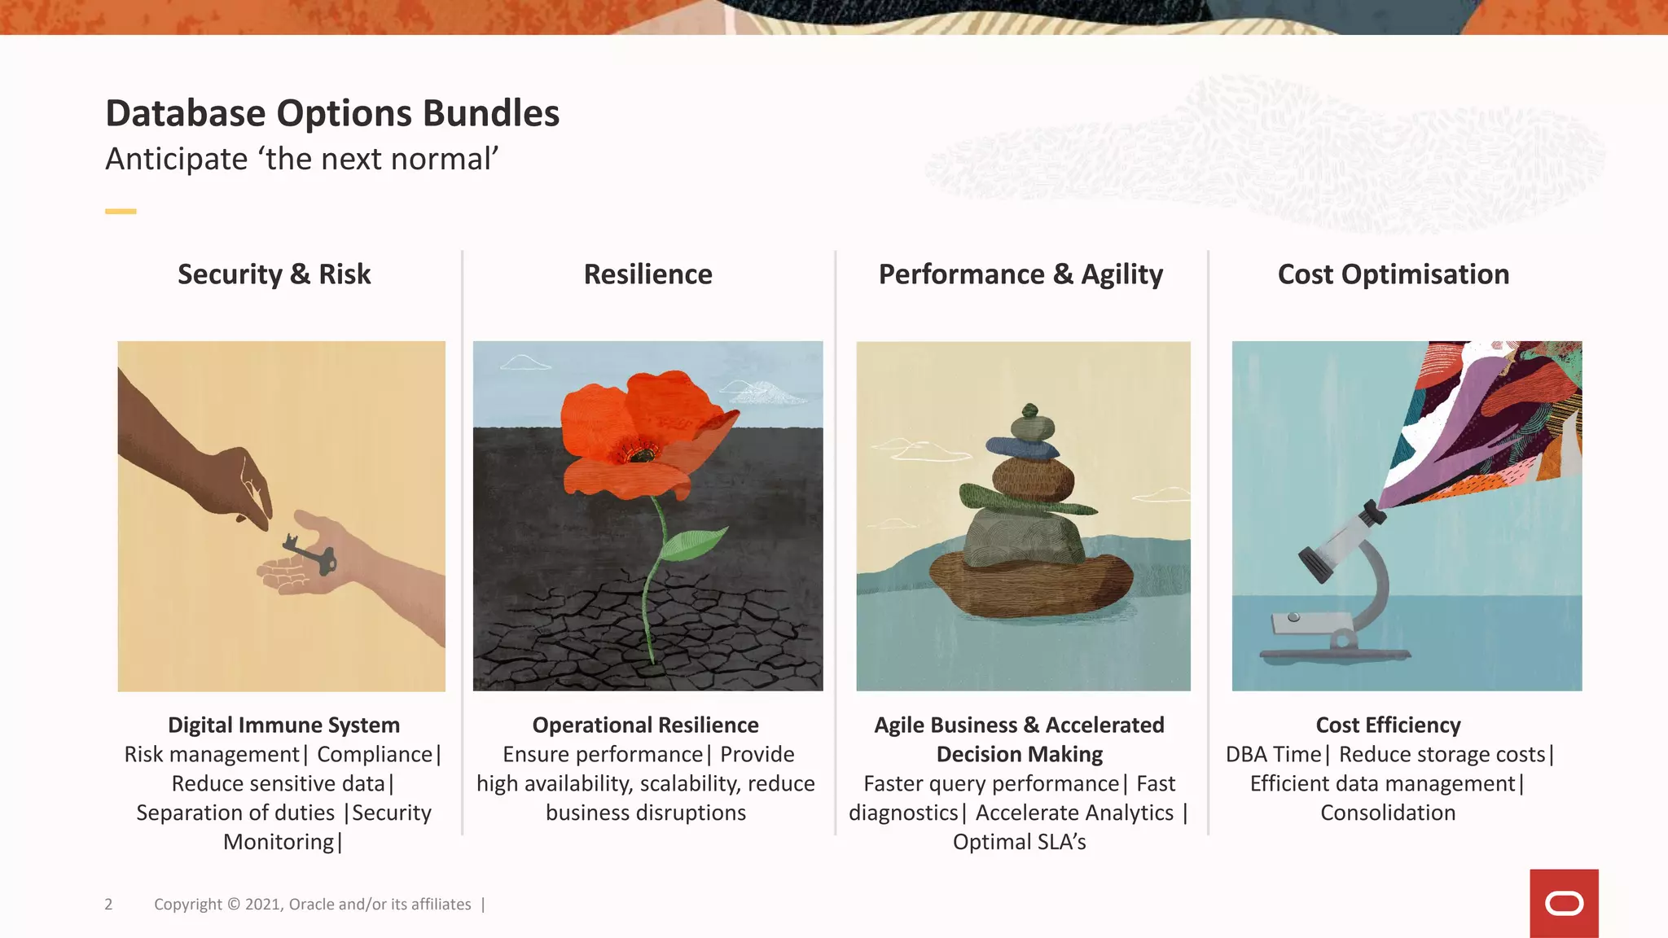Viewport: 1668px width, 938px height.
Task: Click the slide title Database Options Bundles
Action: click(332, 113)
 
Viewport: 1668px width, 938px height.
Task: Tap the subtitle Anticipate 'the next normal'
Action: click(301, 159)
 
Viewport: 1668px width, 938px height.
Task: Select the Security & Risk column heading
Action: click(274, 274)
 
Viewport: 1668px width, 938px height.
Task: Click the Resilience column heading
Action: click(647, 274)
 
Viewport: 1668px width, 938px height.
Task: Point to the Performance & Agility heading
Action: click(1021, 274)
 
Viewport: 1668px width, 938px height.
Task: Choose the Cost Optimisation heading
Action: click(1393, 274)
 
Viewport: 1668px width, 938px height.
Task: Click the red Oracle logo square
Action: click(1564, 903)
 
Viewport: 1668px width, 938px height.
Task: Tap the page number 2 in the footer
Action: click(108, 904)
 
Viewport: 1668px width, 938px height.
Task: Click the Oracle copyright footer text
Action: click(313, 904)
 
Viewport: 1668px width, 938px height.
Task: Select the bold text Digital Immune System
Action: click(283, 725)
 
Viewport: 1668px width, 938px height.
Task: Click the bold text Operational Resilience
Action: click(645, 725)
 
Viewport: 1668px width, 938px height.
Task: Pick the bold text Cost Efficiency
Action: click(1388, 725)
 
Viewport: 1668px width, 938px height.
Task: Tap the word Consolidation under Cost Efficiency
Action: click(1388, 813)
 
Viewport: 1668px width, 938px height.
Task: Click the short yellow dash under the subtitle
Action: click(121, 212)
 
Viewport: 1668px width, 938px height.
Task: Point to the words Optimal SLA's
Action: click(1019, 842)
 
